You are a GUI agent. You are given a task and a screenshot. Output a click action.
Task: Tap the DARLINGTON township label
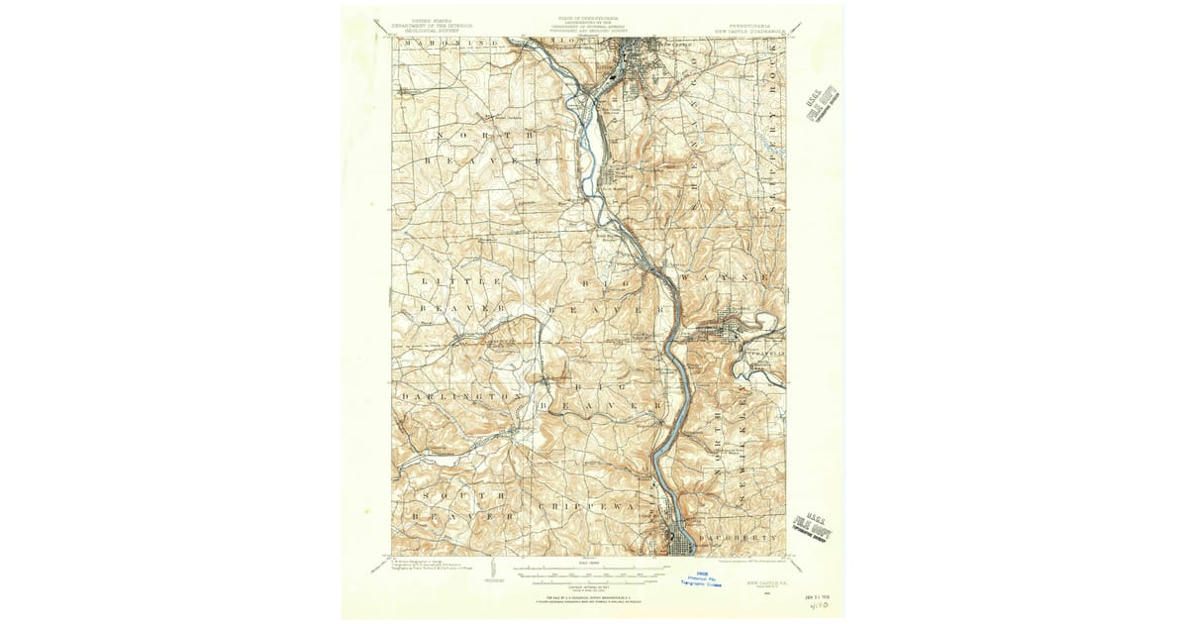pyautogui.click(x=461, y=396)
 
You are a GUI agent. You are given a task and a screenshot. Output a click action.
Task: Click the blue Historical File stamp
pyautogui.click(x=701, y=579)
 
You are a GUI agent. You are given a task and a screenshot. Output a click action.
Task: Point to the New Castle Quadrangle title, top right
pyautogui.click(x=750, y=30)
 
